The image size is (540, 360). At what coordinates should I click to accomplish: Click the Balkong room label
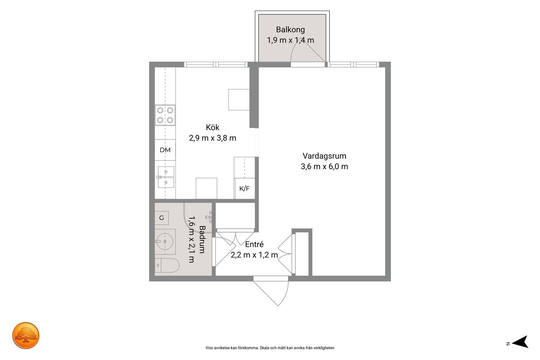pyautogui.click(x=290, y=30)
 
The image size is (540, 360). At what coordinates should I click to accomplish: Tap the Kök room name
pyautogui.click(x=213, y=127)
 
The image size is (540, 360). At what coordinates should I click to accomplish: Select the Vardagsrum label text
pyautogui.click(x=324, y=156)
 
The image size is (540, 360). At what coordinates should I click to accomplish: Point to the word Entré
pyautogui.click(x=254, y=244)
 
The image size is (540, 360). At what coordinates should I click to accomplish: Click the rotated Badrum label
pyautogui.click(x=202, y=239)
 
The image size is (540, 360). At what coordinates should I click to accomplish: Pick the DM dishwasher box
pyautogui.click(x=165, y=150)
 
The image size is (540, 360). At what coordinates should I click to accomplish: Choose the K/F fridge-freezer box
pyautogui.click(x=244, y=189)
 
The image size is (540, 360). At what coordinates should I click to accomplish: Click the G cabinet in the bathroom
pyautogui.click(x=161, y=218)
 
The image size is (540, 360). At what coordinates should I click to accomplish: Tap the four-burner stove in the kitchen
pyautogui.click(x=165, y=115)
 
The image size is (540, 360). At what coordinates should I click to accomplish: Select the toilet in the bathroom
pyautogui.click(x=167, y=265)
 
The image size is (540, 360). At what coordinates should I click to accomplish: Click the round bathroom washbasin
pyautogui.click(x=165, y=241)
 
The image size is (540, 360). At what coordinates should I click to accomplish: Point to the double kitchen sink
pyautogui.click(x=166, y=177)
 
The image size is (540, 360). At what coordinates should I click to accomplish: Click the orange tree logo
pyautogui.click(x=26, y=335)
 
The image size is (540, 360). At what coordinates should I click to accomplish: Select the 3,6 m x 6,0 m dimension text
pyautogui.click(x=324, y=166)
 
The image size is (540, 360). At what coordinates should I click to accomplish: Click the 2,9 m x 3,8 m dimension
pyautogui.click(x=213, y=138)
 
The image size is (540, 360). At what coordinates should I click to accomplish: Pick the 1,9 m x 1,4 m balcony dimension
pyautogui.click(x=290, y=40)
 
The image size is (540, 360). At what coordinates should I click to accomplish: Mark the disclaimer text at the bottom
pyautogui.click(x=270, y=348)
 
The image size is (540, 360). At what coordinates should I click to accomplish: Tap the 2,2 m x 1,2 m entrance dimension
pyautogui.click(x=254, y=255)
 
